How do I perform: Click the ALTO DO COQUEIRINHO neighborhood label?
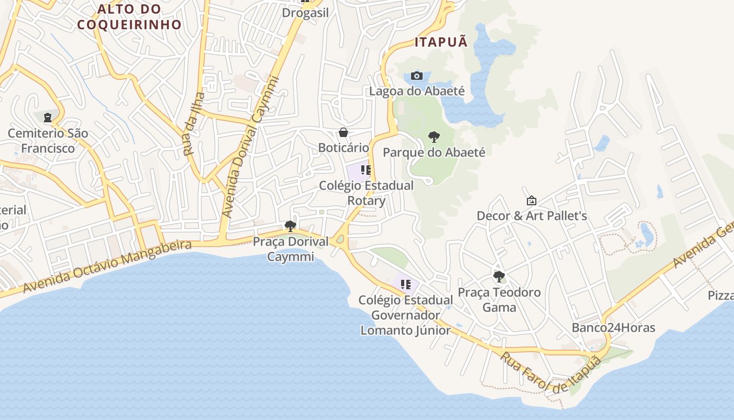click(x=129, y=16)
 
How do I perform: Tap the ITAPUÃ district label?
click(x=441, y=43)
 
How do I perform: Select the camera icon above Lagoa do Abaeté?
click(x=417, y=76)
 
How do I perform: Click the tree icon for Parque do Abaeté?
click(x=434, y=137)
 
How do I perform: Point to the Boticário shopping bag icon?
click(x=343, y=132)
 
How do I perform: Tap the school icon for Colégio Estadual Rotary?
click(x=366, y=170)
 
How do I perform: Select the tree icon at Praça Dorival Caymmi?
click(x=290, y=226)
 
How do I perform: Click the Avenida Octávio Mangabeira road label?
click(x=107, y=266)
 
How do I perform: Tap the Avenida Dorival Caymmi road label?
click(x=250, y=147)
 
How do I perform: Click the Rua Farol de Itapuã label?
click(x=550, y=373)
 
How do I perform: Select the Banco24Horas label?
click(x=613, y=328)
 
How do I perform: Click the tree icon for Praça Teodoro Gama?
click(x=499, y=276)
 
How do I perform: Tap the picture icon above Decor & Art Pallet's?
click(x=531, y=201)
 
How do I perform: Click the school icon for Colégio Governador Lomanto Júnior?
click(x=405, y=285)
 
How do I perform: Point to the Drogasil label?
click(x=305, y=13)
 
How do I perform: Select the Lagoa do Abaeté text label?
click(x=417, y=91)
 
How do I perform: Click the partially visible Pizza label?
click(x=721, y=295)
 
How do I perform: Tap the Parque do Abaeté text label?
click(x=434, y=153)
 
